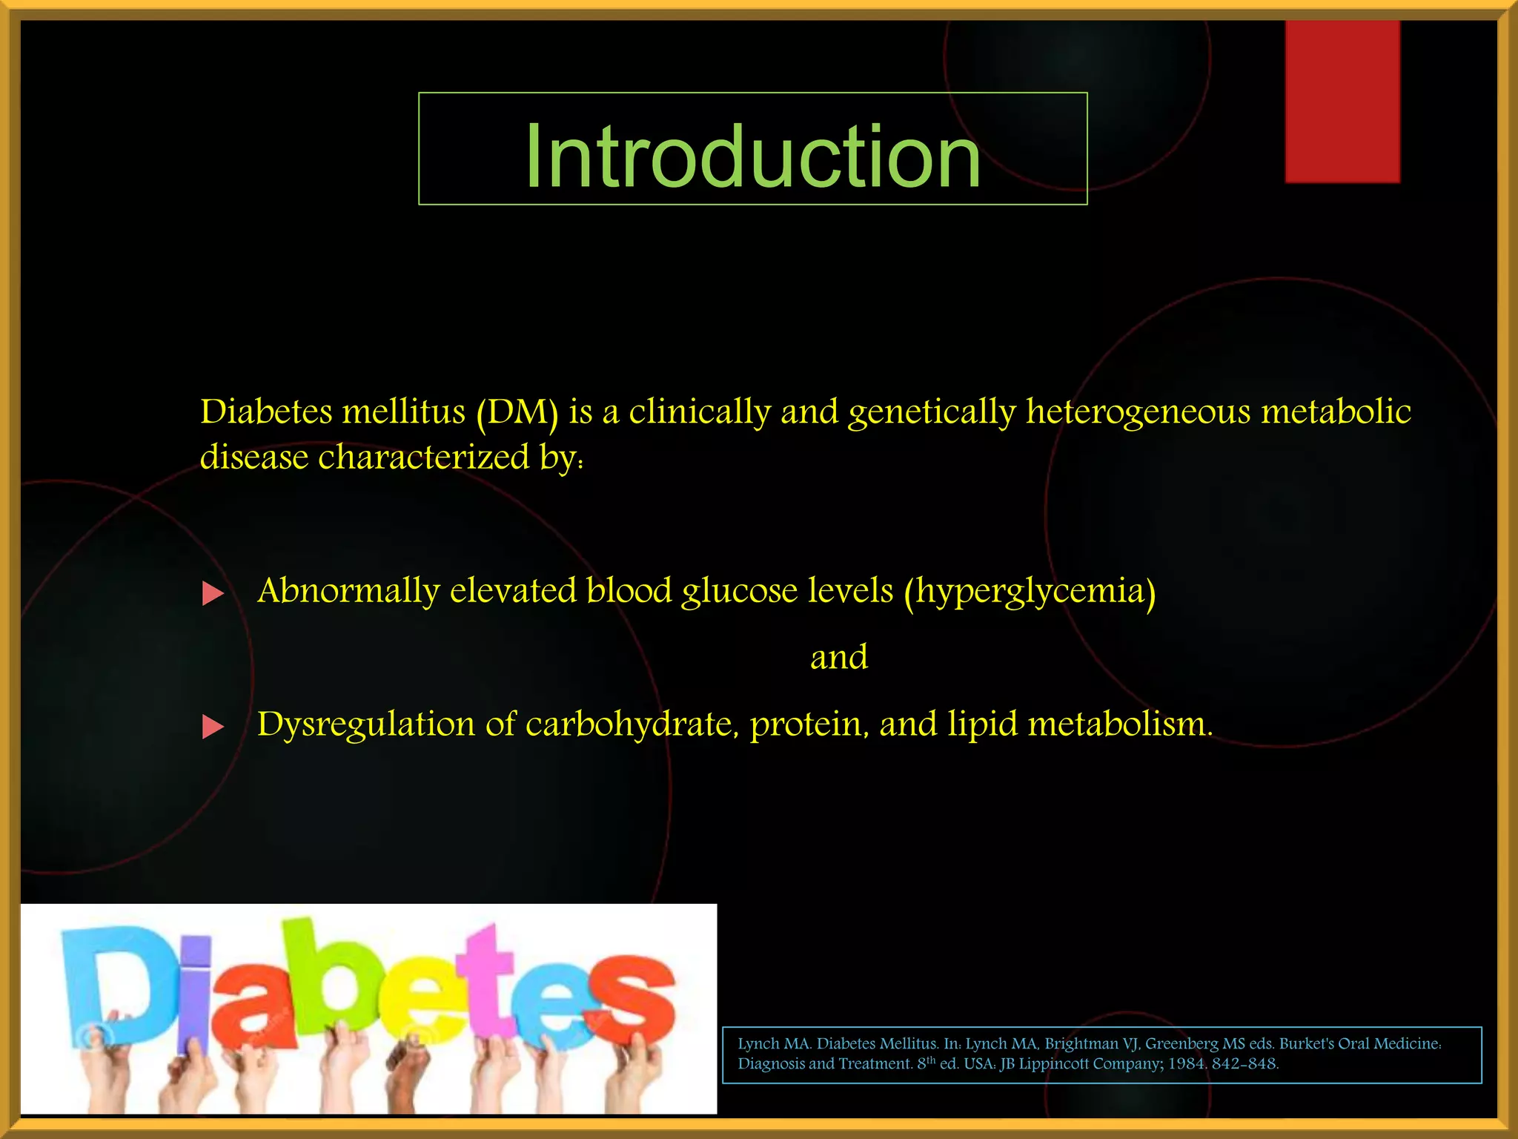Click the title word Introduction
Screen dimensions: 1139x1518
tap(752, 156)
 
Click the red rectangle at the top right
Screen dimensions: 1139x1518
tap(1342, 101)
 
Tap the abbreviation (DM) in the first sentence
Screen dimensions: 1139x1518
tap(517, 412)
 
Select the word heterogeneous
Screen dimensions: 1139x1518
tap(1138, 412)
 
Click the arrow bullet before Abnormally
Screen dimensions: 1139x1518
tap(213, 593)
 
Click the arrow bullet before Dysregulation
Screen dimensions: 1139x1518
tap(213, 727)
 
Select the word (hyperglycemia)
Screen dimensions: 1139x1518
tap(1030, 592)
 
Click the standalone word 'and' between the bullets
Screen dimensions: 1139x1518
tap(838, 658)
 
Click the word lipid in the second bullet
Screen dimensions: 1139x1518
tap(982, 724)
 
